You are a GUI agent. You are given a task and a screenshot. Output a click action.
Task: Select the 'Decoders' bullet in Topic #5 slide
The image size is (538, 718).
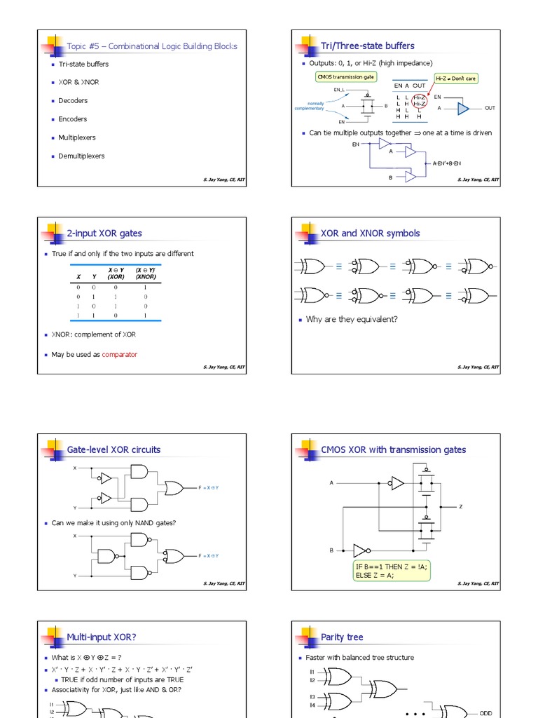(73, 100)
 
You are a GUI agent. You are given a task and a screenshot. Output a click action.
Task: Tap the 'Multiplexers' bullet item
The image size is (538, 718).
(76, 137)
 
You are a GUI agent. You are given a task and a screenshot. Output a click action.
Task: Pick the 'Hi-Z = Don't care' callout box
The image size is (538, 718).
(456, 79)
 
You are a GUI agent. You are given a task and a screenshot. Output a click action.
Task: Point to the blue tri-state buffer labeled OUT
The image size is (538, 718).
(463, 108)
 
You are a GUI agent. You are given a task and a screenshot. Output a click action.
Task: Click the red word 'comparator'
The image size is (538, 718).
(120, 355)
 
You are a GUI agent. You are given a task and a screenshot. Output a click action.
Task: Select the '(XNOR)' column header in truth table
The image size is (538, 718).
(145, 277)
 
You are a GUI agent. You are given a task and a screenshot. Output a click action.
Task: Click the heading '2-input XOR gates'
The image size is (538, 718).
(104, 233)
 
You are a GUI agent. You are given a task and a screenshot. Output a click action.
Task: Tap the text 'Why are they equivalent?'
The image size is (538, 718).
(352, 319)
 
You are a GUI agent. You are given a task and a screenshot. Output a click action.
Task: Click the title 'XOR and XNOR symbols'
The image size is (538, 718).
(370, 233)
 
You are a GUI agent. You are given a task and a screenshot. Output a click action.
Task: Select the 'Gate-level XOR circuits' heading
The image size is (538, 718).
(113, 449)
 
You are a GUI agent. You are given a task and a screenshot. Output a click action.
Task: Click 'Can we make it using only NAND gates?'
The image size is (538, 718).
(113, 523)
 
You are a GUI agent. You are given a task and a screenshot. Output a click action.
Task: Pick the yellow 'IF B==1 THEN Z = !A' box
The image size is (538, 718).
(392, 570)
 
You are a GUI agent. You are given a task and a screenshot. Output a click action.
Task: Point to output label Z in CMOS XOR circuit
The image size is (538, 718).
(460, 506)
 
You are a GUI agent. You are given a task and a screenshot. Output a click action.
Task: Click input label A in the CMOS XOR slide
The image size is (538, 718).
(331, 482)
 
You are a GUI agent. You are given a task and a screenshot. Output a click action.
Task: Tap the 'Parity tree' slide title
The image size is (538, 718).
(342, 637)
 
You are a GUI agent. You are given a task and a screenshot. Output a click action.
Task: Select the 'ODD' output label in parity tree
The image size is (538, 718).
(485, 713)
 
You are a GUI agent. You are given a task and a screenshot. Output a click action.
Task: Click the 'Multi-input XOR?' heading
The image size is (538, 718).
(102, 637)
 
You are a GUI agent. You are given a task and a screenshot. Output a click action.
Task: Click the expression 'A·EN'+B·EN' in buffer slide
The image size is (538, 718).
(447, 163)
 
